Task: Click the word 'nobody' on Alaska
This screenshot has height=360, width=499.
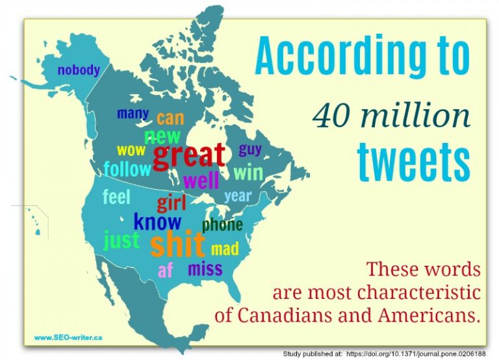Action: pos(79,70)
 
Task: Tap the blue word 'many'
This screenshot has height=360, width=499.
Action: pos(133,114)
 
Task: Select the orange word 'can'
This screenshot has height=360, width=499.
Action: pos(170,118)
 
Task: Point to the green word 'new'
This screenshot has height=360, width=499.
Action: pos(162,136)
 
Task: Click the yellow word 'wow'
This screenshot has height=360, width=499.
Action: pos(131,151)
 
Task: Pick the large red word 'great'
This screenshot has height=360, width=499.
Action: pos(188,155)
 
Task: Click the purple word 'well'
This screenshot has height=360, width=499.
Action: pos(201,179)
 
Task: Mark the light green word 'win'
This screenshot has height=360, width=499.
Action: pos(248,174)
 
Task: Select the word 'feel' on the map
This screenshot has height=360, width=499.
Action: pos(117,196)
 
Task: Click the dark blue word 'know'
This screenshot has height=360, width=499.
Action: pos(157,222)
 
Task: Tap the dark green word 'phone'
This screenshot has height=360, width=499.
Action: pos(222,225)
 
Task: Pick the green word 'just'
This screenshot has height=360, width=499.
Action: pos(122,240)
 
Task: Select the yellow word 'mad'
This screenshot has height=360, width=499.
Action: pos(225,249)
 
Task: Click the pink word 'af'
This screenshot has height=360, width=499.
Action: pos(166,270)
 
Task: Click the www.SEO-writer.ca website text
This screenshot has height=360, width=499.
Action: pos(68,338)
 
